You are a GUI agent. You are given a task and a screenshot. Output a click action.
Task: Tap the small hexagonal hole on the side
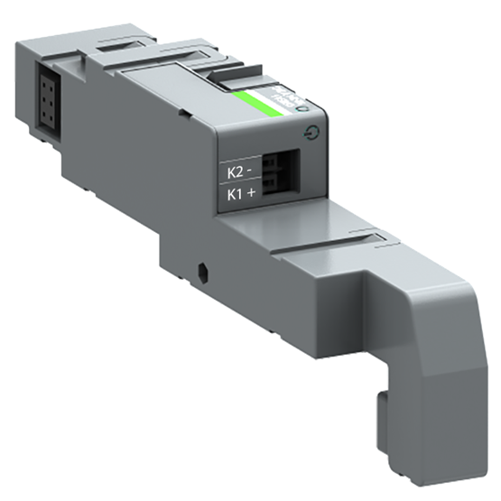pyautogui.click(x=203, y=270)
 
